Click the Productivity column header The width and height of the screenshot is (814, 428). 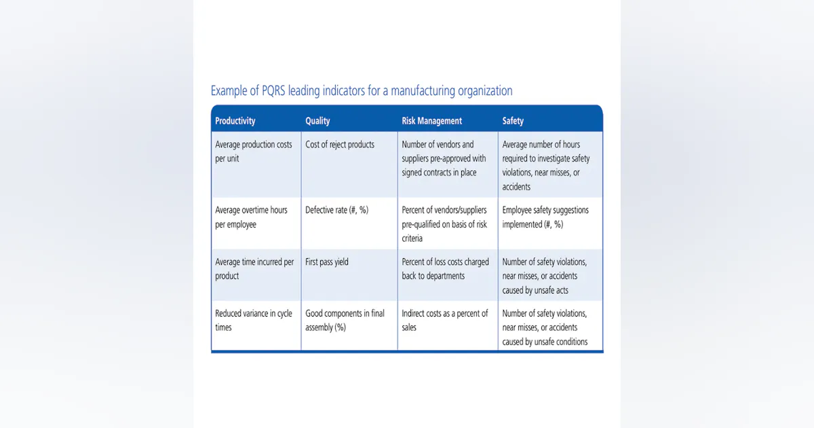pos(235,121)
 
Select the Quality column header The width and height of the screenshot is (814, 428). pos(317,121)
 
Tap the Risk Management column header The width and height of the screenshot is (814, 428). pos(431,121)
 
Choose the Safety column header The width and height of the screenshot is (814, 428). pos(513,121)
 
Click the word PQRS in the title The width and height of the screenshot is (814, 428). pos(273,90)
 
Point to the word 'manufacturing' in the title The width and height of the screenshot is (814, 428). pos(423,91)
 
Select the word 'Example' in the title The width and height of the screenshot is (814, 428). pos(229,91)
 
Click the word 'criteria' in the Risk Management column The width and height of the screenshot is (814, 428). pos(412,238)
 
